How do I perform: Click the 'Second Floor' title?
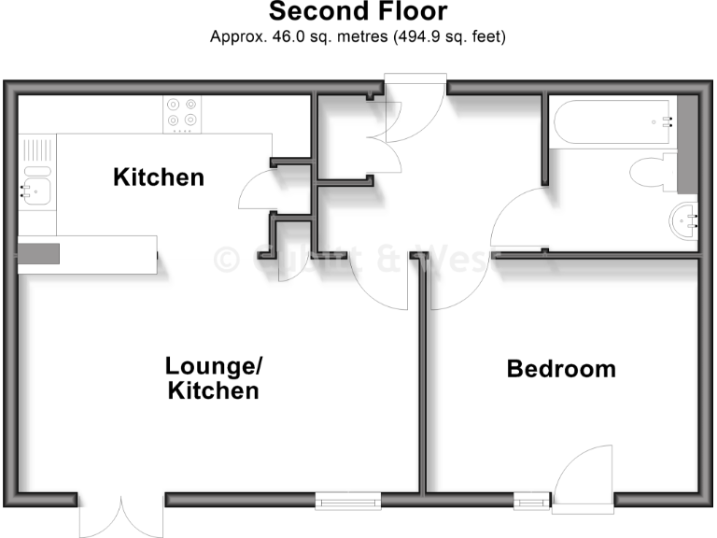coord(358,12)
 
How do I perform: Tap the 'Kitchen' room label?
coord(159,177)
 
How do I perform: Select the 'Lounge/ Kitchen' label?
coord(213,378)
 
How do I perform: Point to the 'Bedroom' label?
coord(561,369)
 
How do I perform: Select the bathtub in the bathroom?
coord(612,121)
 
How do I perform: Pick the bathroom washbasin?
coord(685,221)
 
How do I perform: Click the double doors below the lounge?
coord(121,513)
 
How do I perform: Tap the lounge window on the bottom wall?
coord(348,502)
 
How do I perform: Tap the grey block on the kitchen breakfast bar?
coord(38,254)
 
